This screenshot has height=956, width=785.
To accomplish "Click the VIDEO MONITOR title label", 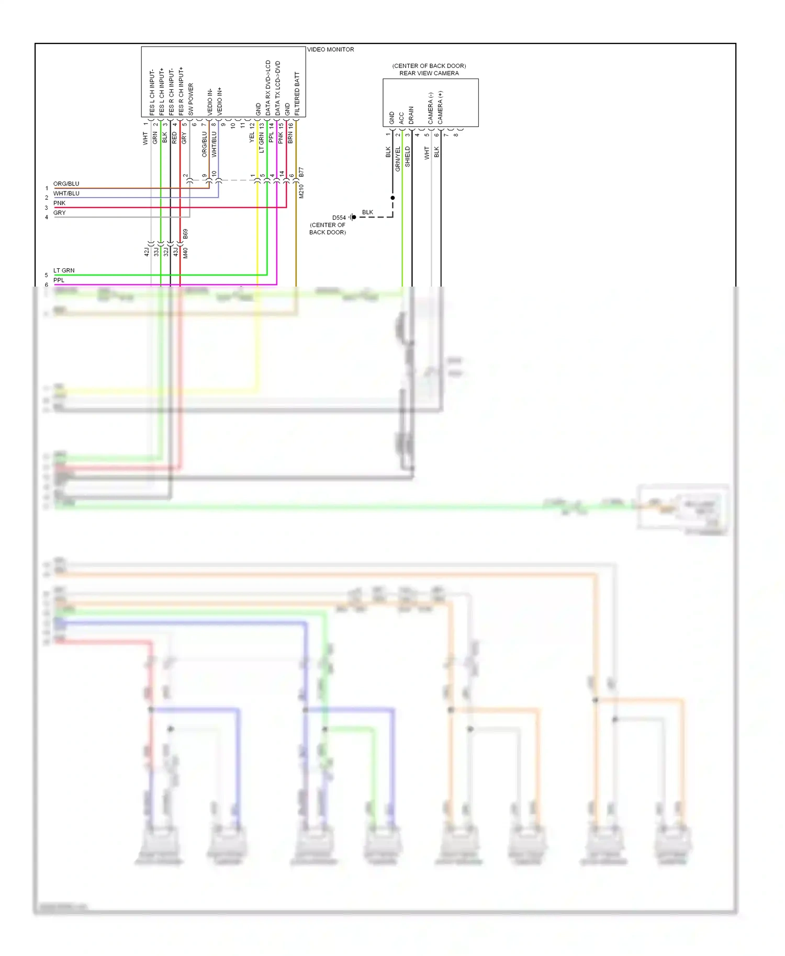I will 330,50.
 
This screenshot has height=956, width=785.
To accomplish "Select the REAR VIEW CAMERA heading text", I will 429,73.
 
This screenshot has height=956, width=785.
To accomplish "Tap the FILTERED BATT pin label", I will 297,94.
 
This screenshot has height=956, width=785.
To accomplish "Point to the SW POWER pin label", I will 190,99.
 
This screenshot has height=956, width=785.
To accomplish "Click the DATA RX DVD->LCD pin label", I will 268,88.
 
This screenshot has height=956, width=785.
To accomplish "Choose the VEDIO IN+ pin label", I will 219,101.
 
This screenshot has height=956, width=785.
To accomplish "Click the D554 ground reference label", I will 339,218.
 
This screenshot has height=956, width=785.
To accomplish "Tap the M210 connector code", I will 301,191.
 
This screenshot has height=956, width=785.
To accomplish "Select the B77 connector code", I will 301,172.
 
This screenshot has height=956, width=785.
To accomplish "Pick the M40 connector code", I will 185,253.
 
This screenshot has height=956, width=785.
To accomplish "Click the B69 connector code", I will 185,234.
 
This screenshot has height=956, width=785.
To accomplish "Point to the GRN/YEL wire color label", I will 398,159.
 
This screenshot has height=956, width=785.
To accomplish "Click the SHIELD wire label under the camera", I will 408,157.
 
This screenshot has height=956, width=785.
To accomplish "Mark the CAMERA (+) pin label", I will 440,107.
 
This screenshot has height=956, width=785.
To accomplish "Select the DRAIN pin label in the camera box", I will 411,115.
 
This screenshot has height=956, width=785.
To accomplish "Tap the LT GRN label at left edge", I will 64,270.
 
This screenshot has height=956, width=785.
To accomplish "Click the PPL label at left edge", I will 59,280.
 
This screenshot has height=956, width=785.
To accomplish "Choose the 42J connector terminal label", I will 147,252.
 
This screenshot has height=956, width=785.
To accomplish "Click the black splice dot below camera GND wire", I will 392,198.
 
